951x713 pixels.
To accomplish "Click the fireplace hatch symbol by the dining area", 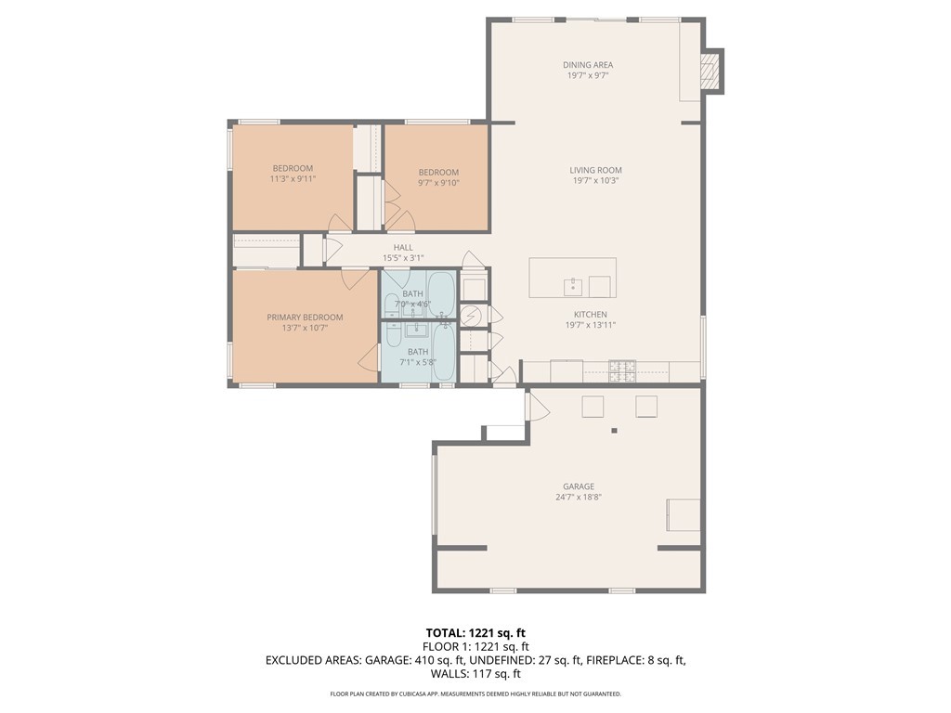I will (x=710, y=71).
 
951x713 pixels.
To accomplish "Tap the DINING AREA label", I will (x=588, y=65).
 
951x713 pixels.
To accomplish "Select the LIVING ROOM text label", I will (x=595, y=170).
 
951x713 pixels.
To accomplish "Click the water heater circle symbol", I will (x=472, y=316).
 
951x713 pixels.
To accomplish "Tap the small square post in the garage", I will (x=614, y=430).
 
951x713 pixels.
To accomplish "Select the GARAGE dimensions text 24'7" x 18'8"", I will (x=578, y=497).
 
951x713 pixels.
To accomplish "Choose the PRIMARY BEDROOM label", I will (x=305, y=317).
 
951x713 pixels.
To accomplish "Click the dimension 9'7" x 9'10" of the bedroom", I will (x=437, y=183).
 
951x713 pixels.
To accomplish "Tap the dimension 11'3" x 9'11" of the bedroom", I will (x=293, y=178).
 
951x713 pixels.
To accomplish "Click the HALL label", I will (x=403, y=247).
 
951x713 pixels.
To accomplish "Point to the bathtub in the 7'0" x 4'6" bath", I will (x=441, y=294).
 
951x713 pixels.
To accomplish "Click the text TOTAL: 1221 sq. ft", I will (x=475, y=633).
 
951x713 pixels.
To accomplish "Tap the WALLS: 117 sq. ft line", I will (x=475, y=674).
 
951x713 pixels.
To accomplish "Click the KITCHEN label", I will (x=590, y=315).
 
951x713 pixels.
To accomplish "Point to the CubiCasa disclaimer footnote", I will (x=475, y=694).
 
